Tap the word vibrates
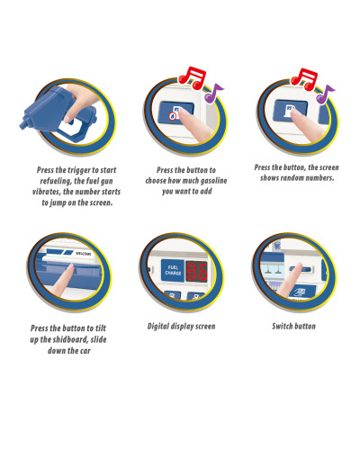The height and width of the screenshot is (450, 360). pos(47,192)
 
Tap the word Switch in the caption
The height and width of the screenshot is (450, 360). pos(282,326)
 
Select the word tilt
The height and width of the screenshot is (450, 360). pos(101,328)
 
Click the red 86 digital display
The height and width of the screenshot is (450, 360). pos(197,272)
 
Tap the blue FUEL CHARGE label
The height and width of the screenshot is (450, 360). pos(173,270)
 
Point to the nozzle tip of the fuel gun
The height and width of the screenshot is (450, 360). pos(22,125)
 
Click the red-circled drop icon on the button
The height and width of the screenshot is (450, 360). pos(173,116)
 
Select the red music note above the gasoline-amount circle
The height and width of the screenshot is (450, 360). pos(193,77)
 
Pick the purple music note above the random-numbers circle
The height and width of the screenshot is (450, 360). pos(325,94)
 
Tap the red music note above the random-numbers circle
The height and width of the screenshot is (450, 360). pos(304,79)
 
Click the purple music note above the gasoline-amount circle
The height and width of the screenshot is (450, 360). pos(213,93)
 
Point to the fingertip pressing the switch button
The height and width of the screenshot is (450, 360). pos(299,265)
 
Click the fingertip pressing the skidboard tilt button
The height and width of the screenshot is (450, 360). pos(70,267)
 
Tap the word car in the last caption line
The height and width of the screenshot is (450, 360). pos(85,351)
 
